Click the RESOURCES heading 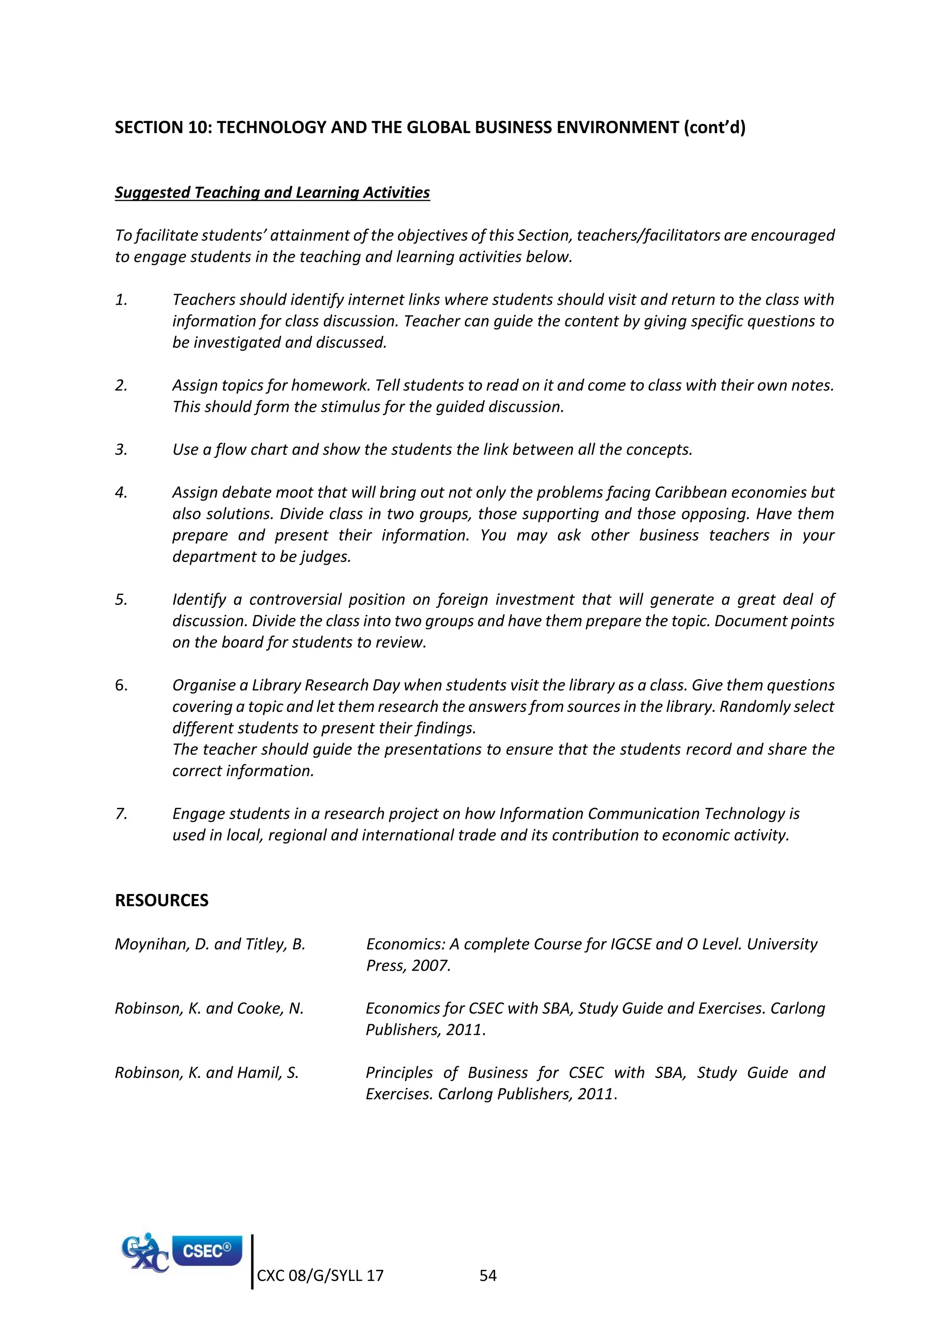click(161, 900)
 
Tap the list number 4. click(121, 492)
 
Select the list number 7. click(121, 814)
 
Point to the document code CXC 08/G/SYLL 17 click(320, 1276)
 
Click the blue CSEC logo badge click(207, 1251)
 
